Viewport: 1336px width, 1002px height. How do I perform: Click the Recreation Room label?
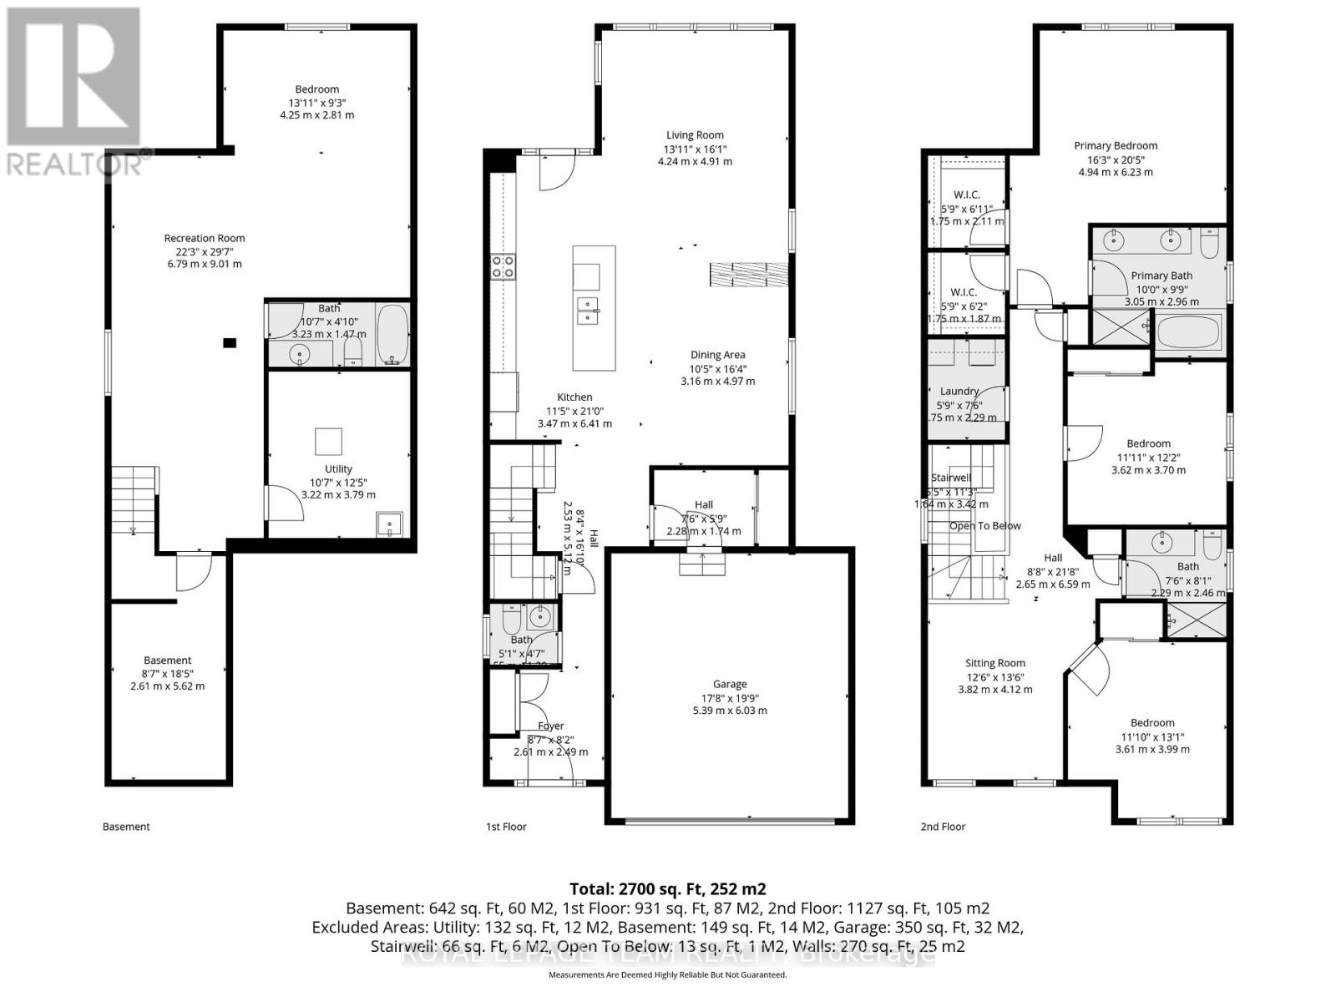205,238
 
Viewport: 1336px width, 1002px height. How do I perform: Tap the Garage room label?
730,684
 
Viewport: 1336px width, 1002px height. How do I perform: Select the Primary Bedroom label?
1116,145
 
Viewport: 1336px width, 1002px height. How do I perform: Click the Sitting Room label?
994,664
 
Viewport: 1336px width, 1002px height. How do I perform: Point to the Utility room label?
338,469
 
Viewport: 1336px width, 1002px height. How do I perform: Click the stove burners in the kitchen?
503,266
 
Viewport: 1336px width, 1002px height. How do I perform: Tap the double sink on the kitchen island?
588,310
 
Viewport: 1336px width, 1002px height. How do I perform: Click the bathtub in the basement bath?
392,334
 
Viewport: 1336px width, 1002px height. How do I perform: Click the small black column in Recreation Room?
230,342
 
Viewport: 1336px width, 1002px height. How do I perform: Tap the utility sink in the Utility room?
389,524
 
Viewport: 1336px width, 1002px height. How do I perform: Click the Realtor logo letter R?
73,78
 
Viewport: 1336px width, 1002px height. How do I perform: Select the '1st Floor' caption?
506,827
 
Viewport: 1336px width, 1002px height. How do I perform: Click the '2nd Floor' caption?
943,827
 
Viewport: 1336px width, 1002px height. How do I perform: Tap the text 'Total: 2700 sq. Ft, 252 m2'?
667,889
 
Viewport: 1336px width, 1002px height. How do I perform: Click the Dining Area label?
717,355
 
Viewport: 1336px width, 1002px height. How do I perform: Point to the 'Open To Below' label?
984,526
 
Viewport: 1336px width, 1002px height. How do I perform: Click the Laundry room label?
959,391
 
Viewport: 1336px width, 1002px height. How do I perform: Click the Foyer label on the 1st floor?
550,726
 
